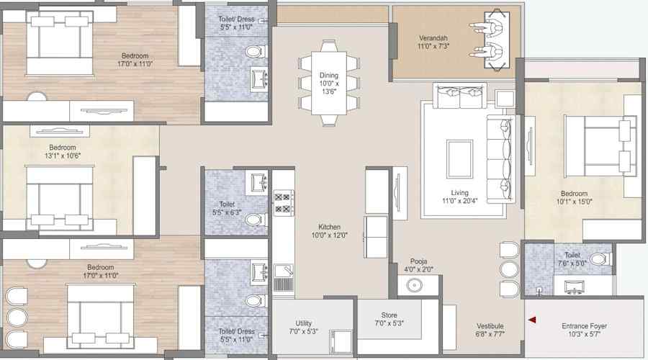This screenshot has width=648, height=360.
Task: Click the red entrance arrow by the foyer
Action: [532, 320]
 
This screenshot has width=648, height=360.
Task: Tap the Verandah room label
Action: [433, 42]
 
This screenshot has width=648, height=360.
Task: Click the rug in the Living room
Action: [459, 157]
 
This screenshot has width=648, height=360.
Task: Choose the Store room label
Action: [390, 318]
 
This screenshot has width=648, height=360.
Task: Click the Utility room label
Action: [303, 328]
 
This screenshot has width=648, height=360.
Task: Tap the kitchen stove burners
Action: [283, 202]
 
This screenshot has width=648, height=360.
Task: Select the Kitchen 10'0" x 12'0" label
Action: [329, 230]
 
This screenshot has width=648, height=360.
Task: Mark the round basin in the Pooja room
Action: [414, 284]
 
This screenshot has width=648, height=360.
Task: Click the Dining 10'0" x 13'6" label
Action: [329, 83]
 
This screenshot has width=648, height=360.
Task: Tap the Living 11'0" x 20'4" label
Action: [459, 197]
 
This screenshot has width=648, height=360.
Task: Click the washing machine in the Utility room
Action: [340, 342]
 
